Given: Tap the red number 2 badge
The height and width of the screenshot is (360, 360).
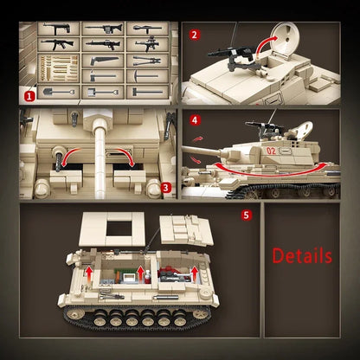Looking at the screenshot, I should tap(195, 35).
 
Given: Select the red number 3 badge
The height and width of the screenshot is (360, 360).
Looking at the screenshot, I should tap(166, 183).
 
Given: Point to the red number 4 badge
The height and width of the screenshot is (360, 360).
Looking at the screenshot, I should tap(195, 120).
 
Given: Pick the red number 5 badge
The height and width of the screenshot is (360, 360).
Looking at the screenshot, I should tap(247, 213).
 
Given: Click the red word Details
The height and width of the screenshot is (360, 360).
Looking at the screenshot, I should tap(302, 255).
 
